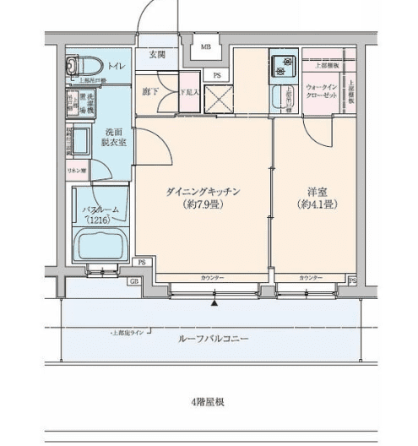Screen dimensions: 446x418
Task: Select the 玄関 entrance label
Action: click(x=157, y=55)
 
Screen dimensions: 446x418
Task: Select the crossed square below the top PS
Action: click(x=217, y=101)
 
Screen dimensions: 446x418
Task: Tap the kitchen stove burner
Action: click(x=282, y=61)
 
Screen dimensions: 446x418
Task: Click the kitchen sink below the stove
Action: click(x=281, y=98)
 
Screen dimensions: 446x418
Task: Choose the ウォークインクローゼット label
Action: click(x=323, y=91)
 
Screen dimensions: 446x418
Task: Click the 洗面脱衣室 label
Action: click(x=115, y=138)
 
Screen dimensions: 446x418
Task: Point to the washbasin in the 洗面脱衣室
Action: click(x=80, y=139)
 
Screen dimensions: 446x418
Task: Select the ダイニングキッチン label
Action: click(x=204, y=192)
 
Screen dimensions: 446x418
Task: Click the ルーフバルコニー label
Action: click(x=213, y=339)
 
